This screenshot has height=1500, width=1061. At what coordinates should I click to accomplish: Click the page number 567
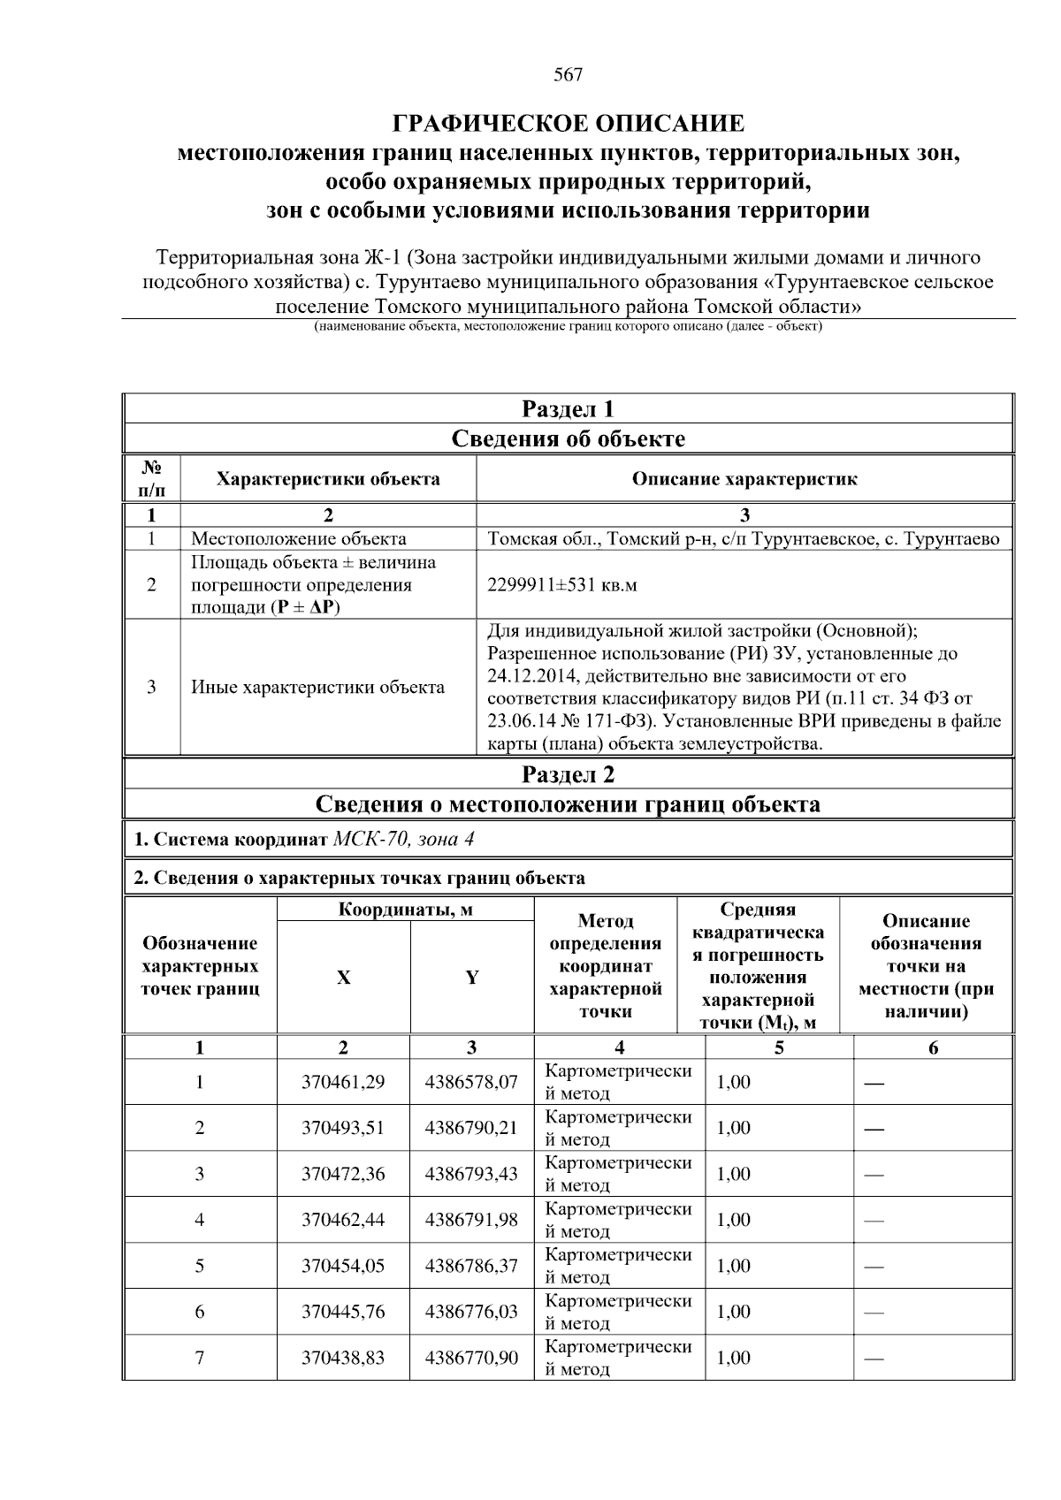click(568, 75)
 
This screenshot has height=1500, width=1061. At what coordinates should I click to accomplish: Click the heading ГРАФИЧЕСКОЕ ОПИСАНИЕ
click(568, 123)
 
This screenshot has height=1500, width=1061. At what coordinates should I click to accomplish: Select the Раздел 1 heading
click(568, 409)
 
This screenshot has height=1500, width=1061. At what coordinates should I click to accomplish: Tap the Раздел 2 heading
click(568, 774)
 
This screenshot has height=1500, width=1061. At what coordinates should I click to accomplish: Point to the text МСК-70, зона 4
click(403, 839)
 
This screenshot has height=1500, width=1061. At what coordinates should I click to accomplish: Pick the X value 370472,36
click(343, 1174)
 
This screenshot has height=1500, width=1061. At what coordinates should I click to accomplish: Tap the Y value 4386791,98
click(471, 1220)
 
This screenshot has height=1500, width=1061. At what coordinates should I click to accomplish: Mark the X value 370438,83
click(343, 1358)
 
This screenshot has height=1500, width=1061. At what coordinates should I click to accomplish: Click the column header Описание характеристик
click(744, 479)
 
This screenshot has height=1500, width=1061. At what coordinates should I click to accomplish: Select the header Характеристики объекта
click(328, 479)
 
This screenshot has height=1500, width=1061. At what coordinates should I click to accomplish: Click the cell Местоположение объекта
click(299, 538)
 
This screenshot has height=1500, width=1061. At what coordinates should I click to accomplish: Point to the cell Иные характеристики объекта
click(318, 687)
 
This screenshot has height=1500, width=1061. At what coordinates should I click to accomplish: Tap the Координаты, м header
click(405, 910)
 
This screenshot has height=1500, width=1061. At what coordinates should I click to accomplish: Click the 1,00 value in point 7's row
click(733, 1358)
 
